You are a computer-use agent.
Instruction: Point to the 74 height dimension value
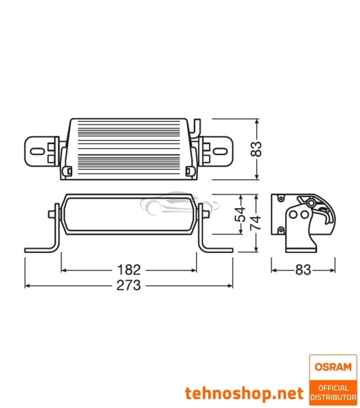257,223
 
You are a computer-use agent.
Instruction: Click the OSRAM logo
331,367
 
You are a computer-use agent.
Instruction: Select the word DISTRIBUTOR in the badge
331,396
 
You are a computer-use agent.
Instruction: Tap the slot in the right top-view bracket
222,149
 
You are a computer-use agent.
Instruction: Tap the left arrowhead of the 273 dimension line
27,286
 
